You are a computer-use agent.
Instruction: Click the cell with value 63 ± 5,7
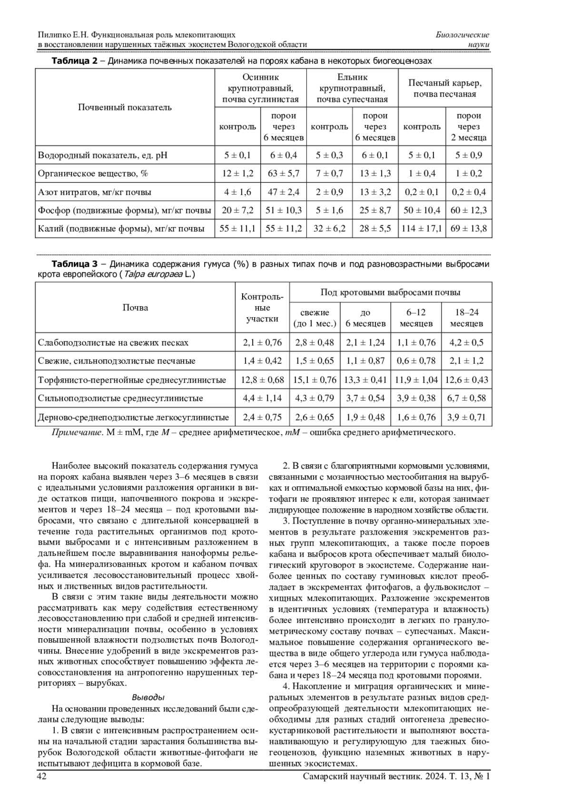pyautogui.click(x=284, y=174)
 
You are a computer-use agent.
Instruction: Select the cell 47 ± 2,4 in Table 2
pyautogui.click(x=284, y=192)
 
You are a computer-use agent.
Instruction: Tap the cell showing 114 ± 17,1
pyautogui.click(x=422, y=229)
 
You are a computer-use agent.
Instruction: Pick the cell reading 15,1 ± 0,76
pyautogui.click(x=315, y=380)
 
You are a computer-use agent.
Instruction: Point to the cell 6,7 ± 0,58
pyautogui.click(x=466, y=398)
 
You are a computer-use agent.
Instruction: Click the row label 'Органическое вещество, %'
pyautogui.click(x=93, y=174)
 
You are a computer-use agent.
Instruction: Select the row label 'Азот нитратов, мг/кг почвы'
pyautogui.click(x=95, y=192)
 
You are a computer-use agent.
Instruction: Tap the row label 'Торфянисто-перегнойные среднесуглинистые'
pyautogui.click(x=132, y=380)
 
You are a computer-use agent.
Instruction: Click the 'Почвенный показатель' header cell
pyautogui.click(x=125, y=107)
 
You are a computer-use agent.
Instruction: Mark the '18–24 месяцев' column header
pyautogui.click(x=466, y=318)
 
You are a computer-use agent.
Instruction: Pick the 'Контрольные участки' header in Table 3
pyautogui.click(x=262, y=308)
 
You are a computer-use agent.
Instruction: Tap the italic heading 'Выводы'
pyautogui.click(x=148, y=697)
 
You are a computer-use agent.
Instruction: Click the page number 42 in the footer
pyautogui.click(x=42, y=776)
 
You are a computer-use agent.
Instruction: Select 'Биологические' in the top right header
pyautogui.click(x=463, y=35)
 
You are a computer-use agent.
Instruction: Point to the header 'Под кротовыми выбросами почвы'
pyautogui.click(x=390, y=292)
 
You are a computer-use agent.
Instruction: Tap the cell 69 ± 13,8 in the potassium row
pyautogui.click(x=468, y=229)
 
